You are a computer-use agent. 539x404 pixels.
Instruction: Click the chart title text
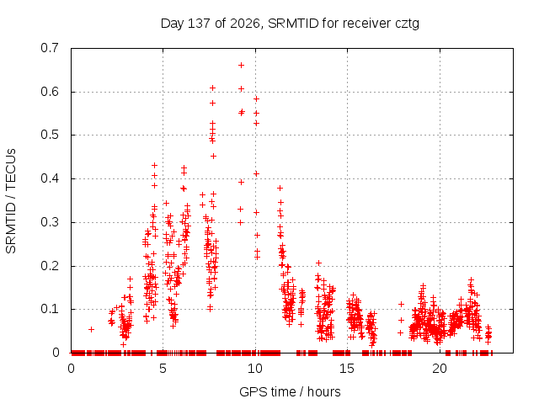point(290,24)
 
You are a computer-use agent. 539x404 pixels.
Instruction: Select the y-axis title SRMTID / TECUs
point(11,201)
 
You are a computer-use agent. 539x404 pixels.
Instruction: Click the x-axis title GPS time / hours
point(290,391)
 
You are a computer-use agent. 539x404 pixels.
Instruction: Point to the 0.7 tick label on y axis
point(50,48)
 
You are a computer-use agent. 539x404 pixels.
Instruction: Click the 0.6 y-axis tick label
point(50,92)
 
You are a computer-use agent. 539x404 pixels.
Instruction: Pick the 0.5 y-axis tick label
point(50,135)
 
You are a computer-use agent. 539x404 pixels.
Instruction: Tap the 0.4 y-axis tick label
point(50,178)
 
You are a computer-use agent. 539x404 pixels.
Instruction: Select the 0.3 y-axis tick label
point(50,222)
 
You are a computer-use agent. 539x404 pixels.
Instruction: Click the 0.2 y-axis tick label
point(50,266)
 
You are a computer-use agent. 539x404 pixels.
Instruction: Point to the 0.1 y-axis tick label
point(50,309)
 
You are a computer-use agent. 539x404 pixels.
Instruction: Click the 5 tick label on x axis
point(163,369)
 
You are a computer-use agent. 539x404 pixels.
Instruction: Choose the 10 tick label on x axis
point(254,369)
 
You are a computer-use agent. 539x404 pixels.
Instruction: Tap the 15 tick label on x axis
point(347,369)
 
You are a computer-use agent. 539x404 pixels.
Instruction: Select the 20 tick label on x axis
point(440,369)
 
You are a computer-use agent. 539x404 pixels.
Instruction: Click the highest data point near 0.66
point(242,66)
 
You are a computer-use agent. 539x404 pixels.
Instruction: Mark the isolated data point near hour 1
point(92,329)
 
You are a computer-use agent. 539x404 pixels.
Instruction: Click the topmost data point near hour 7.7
point(213,88)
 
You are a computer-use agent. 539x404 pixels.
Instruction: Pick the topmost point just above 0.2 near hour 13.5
point(318,263)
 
